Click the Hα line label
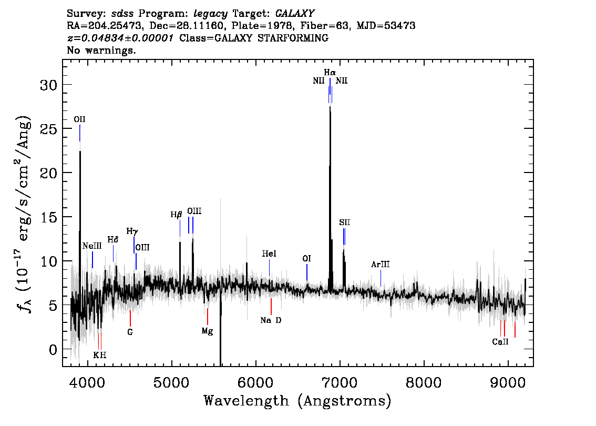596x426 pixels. click(330, 72)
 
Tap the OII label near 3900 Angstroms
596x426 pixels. click(79, 119)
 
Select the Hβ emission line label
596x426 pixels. click(176, 215)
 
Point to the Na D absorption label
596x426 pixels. click(271, 320)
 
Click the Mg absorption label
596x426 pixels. click(207, 331)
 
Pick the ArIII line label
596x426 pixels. click(380, 265)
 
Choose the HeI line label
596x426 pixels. click(269, 253)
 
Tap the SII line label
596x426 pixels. click(344, 222)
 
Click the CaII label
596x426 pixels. click(500, 342)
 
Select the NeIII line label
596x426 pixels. click(92, 246)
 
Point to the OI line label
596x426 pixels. click(306, 259)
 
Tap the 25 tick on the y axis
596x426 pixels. click(49, 129)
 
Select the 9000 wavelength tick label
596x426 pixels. click(507, 382)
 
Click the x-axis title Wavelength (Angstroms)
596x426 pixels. click(297, 401)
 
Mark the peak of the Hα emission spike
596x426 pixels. click(330, 107)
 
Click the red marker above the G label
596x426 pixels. click(130, 318)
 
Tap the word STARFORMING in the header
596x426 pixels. click(293, 38)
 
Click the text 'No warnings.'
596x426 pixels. click(101, 50)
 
